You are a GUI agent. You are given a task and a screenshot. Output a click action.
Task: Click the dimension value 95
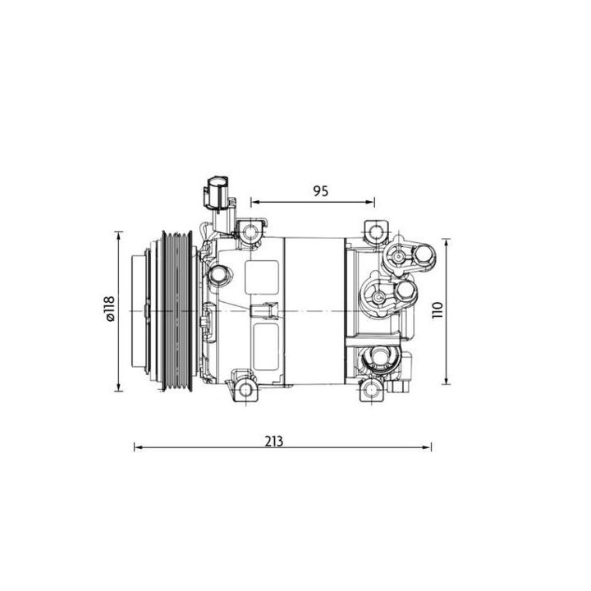point(320,190)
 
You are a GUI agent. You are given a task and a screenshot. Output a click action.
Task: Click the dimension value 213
point(274,440)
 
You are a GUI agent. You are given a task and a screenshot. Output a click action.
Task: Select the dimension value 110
point(438,310)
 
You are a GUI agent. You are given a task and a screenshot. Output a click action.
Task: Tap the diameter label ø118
point(108,309)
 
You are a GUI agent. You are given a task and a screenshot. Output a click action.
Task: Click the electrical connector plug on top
point(217,192)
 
